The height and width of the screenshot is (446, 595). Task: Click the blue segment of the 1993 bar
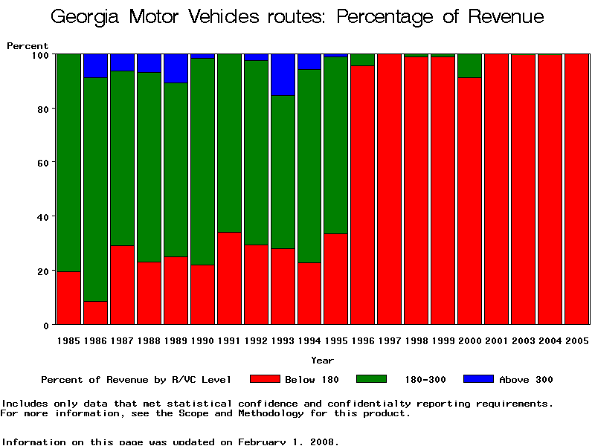[283, 74]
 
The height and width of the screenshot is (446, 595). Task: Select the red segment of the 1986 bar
[95, 313]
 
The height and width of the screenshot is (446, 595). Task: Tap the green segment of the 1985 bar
[68, 162]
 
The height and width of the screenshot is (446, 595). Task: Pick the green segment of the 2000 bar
[469, 65]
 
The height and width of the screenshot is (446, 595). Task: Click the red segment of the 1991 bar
[229, 278]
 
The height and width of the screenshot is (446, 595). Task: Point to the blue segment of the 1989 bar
[176, 68]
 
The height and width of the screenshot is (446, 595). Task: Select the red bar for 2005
[576, 189]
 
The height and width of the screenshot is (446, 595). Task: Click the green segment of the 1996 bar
[362, 59]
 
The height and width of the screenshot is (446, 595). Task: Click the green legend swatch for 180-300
[371, 379]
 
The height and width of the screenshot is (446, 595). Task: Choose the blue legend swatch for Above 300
[478, 379]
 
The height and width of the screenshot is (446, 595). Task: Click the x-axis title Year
[322, 361]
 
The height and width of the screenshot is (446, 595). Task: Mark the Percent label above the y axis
[28, 46]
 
